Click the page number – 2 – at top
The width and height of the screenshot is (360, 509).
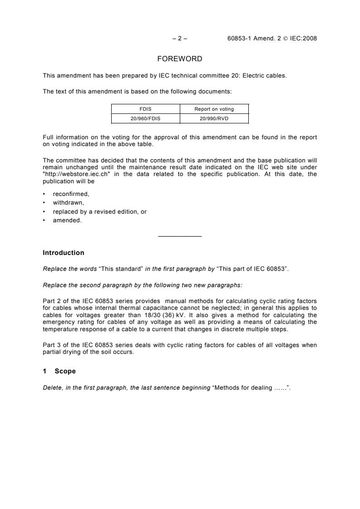180,39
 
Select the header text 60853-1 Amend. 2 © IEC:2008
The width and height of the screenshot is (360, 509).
272,39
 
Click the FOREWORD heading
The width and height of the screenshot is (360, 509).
180,59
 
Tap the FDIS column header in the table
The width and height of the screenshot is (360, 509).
146,109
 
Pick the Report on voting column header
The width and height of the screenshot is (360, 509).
214,109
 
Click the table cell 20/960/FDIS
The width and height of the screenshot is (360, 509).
146,118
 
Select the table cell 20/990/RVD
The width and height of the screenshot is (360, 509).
214,118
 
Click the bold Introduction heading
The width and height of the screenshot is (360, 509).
63,253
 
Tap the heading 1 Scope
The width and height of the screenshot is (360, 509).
59,371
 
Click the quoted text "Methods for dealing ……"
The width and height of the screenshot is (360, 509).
251,387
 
